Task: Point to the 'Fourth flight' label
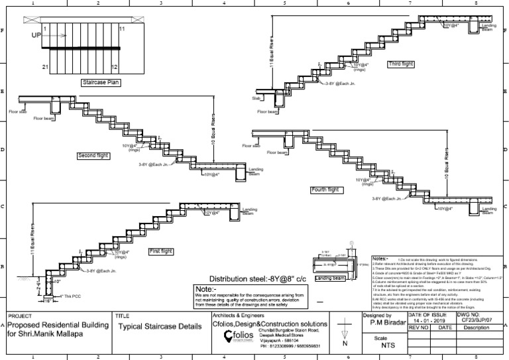[325, 190]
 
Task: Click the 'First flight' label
[161, 252]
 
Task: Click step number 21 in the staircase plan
[45, 68]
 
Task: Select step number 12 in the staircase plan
[114, 68]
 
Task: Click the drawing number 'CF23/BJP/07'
[481, 321]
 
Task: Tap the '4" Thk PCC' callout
[72, 296]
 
